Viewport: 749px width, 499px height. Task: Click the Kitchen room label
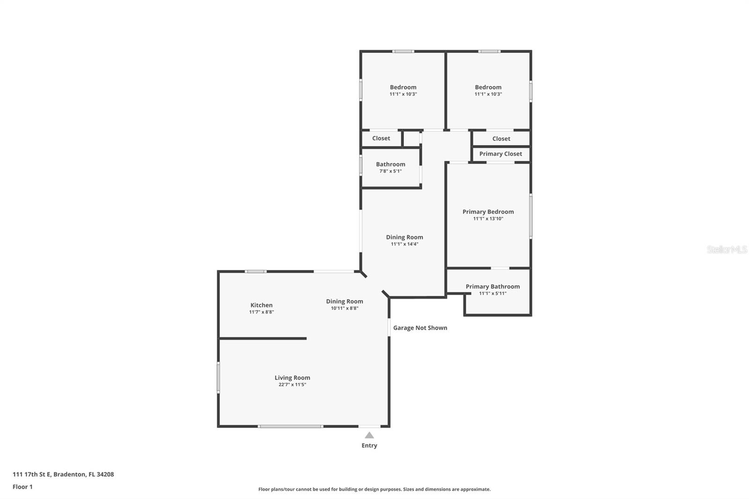coord(261,305)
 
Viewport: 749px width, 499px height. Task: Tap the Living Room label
coord(292,378)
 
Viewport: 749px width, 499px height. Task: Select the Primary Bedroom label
coord(488,212)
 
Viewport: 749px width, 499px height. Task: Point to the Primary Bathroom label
coord(492,286)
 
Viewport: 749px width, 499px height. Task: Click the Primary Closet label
coord(500,154)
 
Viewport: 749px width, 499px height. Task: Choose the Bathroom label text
coord(390,164)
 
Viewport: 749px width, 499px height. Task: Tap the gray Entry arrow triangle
coord(369,435)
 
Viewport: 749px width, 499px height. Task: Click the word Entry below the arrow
coord(369,446)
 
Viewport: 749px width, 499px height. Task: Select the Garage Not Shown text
coord(420,328)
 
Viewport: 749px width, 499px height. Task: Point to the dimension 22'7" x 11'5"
coord(292,385)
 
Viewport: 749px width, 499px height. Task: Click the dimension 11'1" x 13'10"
coord(488,219)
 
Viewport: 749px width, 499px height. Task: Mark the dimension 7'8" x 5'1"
coord(390,171)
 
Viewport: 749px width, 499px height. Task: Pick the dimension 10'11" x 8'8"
coord(345,308)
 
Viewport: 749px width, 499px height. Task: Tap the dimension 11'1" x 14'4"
coord(404,244)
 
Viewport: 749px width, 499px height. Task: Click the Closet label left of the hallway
coord(381,138)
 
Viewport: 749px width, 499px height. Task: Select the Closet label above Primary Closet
coord(501,139)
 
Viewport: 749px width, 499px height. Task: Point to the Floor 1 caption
coord(22,487)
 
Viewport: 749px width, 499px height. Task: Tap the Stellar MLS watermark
coord(727,249)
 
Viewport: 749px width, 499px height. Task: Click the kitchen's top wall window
coord(256,272)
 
